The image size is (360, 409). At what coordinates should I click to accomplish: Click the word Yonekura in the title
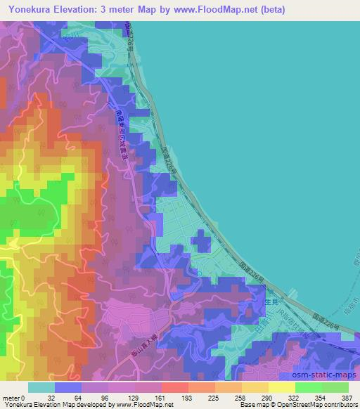[x=32, y=8]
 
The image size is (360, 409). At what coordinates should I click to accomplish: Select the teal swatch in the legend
[x=41, y=387]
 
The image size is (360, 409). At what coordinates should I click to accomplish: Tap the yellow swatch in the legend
[x=281, y=387]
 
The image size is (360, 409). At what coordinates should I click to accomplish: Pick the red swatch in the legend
[x=174, y=387]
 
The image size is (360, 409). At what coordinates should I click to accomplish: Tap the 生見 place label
[x=274, y=301]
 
